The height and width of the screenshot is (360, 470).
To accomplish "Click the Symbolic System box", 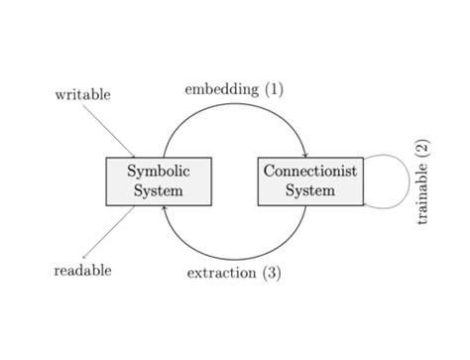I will point(159,180).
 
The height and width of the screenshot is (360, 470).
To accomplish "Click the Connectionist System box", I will point(310,180).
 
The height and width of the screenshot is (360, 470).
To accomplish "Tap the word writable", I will point(82,95).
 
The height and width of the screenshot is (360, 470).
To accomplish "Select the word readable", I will point(82,270).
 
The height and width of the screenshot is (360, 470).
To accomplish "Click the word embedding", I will point(221,89).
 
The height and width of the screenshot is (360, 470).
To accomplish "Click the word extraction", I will point(222,273).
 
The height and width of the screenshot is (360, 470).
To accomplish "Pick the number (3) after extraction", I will point(271,273).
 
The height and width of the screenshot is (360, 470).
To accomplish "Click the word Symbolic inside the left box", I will point(159,172).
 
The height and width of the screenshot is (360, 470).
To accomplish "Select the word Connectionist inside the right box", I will point(310,172).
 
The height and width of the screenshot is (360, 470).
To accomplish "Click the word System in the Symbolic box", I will point(159,190).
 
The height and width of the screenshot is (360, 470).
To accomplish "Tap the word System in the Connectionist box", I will point(310,190).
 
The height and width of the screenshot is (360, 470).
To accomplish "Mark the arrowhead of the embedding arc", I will point(305,154).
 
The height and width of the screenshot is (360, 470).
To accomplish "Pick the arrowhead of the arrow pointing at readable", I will point(85,257).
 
